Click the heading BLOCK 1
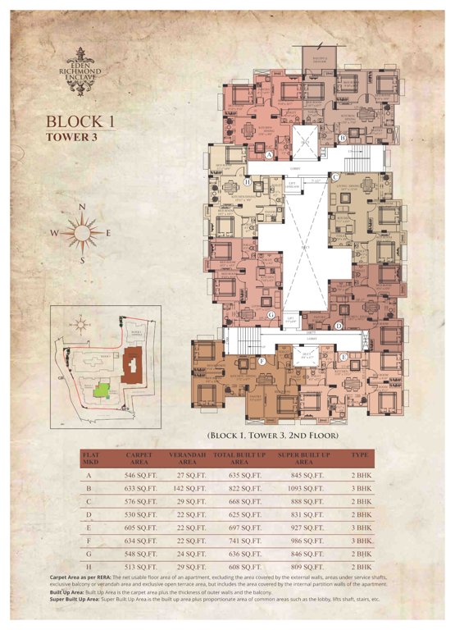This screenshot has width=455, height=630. coord(81,122)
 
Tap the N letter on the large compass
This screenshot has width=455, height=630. coord(81,207)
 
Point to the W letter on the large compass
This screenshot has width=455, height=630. coord(54,233)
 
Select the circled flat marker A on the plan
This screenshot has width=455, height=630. coord(269,153)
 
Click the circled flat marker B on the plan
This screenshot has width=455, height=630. coord(342,139)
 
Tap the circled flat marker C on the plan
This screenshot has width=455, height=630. coord(335,177)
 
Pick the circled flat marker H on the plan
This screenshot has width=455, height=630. coord(247,182)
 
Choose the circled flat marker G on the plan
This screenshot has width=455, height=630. coord(270,314)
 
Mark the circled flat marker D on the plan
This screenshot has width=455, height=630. coord(339,326)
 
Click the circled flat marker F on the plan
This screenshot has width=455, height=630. coord(262,360)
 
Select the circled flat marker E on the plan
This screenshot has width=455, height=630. coord(343,355)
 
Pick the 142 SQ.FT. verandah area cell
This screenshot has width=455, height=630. coord(186,488)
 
